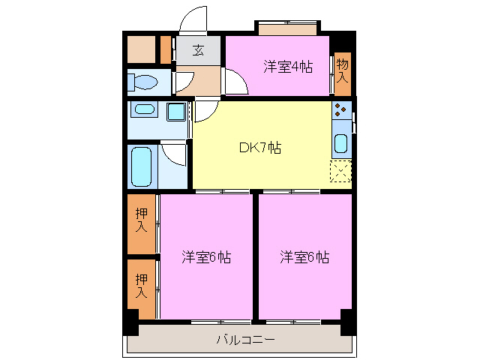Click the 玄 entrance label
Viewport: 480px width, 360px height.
coord(199,50)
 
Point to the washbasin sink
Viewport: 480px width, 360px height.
coord(142,112)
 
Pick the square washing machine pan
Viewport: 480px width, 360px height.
coord(177,113)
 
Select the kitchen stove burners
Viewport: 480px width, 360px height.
coord(340,111)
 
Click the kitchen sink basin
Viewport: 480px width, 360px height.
coord(340,142)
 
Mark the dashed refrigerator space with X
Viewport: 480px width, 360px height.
coord(340,172)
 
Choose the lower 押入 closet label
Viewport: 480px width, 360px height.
coord(142,284)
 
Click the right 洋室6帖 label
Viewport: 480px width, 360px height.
coord(304,257)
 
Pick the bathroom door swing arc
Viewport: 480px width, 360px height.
coord(175,154)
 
